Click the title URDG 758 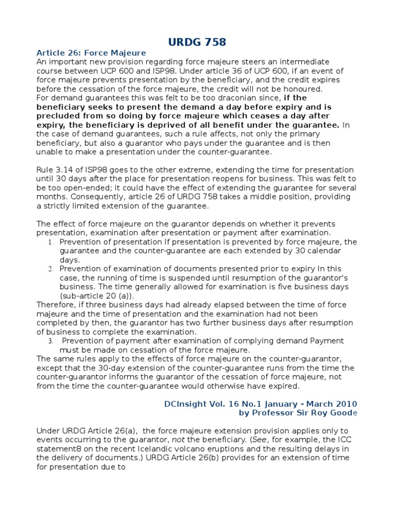coord(197,42)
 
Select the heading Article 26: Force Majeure coord(91,53)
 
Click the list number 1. coord(50,242)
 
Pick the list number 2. coord(50,269)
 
